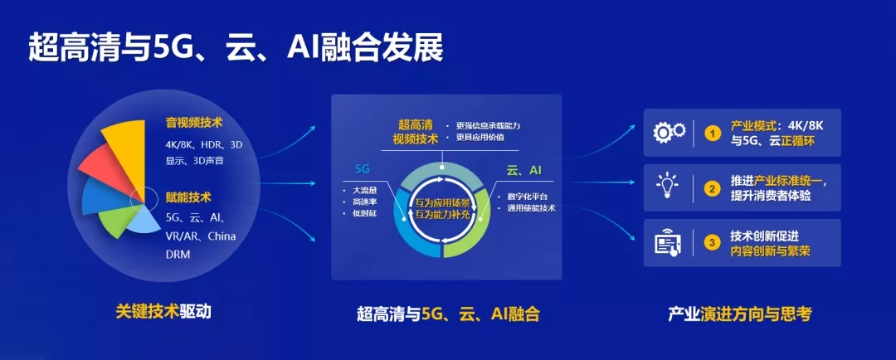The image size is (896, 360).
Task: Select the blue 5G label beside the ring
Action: click(x=363, y=170)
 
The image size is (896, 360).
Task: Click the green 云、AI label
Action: click(x=523, y=170)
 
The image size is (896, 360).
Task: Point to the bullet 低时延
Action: click(x=360, y=214)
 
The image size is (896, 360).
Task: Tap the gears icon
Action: click(x=670, y=133)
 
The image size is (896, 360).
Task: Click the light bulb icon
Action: click(x=667, y=186)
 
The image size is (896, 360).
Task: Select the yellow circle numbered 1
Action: click(x=712, y=134)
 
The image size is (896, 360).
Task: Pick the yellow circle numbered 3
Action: click(x=712, y=243)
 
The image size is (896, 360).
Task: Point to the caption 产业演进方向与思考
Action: click(x=740, y=314)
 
